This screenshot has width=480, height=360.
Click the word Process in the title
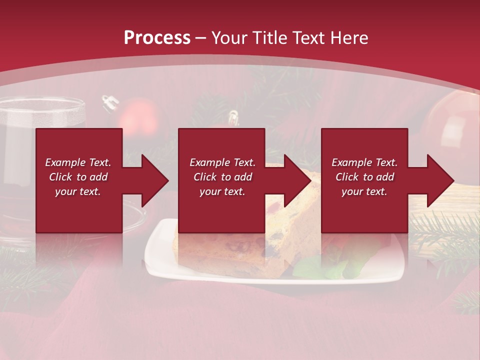click(x=157, y=38)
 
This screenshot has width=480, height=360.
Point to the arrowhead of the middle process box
click(x=297, y=180)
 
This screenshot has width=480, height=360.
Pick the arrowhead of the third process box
click(x=440, y=180)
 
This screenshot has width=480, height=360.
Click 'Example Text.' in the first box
click(x=78, y=162)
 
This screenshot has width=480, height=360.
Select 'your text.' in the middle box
click(x=222, y=191)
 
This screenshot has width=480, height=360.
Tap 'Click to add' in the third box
click(x=364, y=177)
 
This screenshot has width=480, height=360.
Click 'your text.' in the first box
click(x=78, y=191)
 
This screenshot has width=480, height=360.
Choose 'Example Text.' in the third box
click(x=364, y=162)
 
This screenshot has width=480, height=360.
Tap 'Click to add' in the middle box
click(x=222, y=177)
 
